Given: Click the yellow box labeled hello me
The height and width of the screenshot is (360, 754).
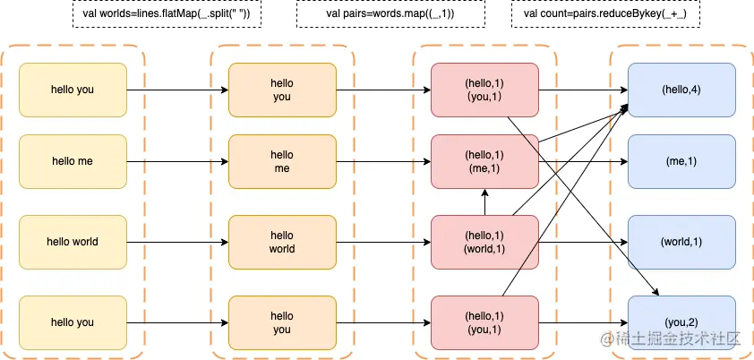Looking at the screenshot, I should [x=73, y=161].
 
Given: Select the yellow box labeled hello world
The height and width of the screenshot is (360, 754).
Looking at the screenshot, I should [x=73, y=242].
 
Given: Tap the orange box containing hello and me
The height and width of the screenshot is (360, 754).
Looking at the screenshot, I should [x=282, y=161].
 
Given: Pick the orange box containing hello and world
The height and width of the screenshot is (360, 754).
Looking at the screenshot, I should [x=282, y=242].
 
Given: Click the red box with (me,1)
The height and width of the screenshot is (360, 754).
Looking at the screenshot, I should [x=484, y=161].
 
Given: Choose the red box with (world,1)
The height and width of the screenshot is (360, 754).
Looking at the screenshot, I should [x=484, y=242].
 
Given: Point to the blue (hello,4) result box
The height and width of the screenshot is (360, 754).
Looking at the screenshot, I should [x=681, y=90].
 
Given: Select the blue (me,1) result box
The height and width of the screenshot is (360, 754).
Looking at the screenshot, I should [x=681, y=161].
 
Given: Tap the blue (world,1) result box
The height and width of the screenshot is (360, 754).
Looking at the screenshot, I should [x=681, y=242].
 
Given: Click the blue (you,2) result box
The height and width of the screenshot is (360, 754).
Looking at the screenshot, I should [x=681, y=322].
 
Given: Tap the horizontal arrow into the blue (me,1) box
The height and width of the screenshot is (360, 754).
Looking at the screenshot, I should [x=583, y=161].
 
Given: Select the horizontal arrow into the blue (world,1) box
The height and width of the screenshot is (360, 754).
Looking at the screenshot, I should [x=583, y=242].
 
